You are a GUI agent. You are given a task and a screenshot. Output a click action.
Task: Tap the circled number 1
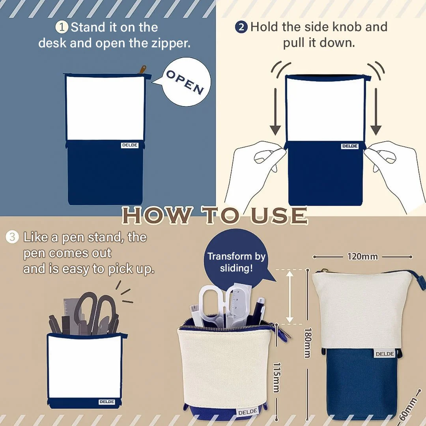click(62, 27)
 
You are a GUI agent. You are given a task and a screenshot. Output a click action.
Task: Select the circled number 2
click(241, 28)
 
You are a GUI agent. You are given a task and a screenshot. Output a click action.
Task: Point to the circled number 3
click(12, 237)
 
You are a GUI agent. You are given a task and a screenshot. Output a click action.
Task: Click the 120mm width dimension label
click(362, 256)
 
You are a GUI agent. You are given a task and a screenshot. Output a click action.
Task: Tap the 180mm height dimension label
click(308, 343)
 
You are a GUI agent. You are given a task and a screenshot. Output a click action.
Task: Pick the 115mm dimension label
click(276, 377)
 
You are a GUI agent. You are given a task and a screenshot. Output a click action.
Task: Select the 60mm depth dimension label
click(408, 408)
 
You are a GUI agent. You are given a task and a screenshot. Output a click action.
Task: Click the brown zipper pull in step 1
click(142, 69)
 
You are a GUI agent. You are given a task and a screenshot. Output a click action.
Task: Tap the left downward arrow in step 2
click(275, 111)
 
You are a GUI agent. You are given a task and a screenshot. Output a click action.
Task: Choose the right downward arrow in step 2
click(376, 111)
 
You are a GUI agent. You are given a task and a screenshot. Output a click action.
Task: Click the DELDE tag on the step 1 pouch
click(130, 145)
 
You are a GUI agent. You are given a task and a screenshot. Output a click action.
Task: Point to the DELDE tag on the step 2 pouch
click(349, 146)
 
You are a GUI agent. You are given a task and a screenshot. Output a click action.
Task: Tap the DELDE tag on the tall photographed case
click(385, 354)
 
